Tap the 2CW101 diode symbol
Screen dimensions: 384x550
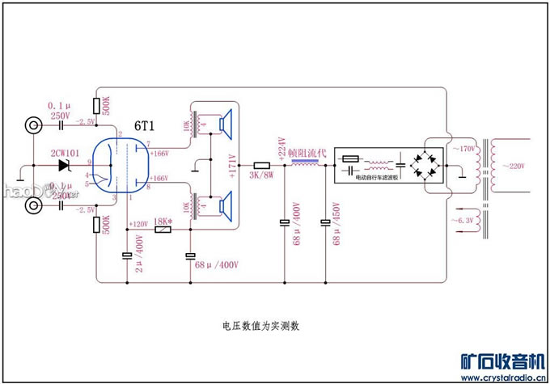(64, 166)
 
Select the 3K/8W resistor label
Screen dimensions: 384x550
(261, 175)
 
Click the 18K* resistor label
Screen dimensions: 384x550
(163, 220)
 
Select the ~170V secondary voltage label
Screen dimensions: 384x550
(464, 150)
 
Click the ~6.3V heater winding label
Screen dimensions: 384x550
(464, 219)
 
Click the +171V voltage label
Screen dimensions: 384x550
(233, 164)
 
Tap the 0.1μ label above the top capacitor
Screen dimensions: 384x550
(59, 106)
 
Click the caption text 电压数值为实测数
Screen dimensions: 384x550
(260, 326)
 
